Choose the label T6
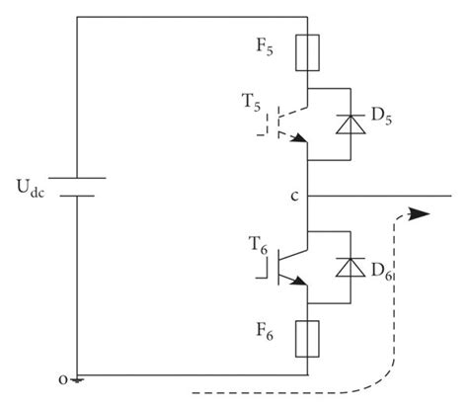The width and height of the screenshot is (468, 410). tap(255, 243)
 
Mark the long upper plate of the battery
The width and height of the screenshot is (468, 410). tap(77, 178)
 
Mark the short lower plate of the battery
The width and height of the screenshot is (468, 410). tap(77, 195)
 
